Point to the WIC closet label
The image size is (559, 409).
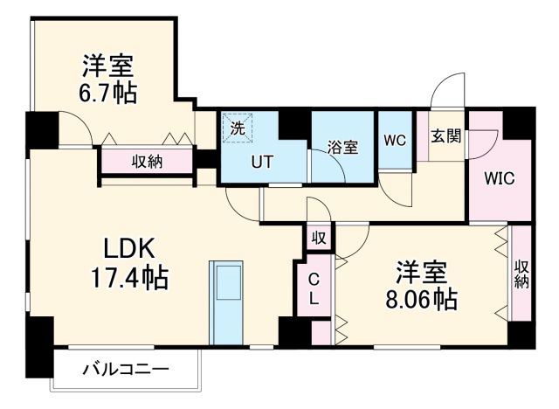(499, 178)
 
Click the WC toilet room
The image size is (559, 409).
(395, 141)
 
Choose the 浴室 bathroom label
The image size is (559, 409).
(342, 147)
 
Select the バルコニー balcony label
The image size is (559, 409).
(125, 369)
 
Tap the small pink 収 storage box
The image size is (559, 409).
(319, 237)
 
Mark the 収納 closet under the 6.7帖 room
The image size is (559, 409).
(147, 161)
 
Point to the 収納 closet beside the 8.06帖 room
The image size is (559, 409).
(521, 274)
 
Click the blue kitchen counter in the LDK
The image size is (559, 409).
(230, 302)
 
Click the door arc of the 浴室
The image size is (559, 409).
(328, 166)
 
